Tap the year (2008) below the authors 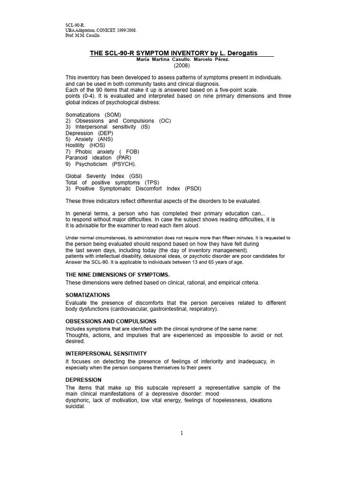[182, 66]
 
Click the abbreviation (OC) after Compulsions [165, 121]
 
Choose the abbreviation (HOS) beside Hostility [97, 145]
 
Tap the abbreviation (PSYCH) [124, 164]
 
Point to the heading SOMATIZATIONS [88, 295]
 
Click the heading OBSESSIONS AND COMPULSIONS [111, 322]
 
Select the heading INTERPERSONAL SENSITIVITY [106, 353]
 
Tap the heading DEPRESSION [83, 380]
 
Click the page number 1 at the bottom [182, 433]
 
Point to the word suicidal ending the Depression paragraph [75, 407]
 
